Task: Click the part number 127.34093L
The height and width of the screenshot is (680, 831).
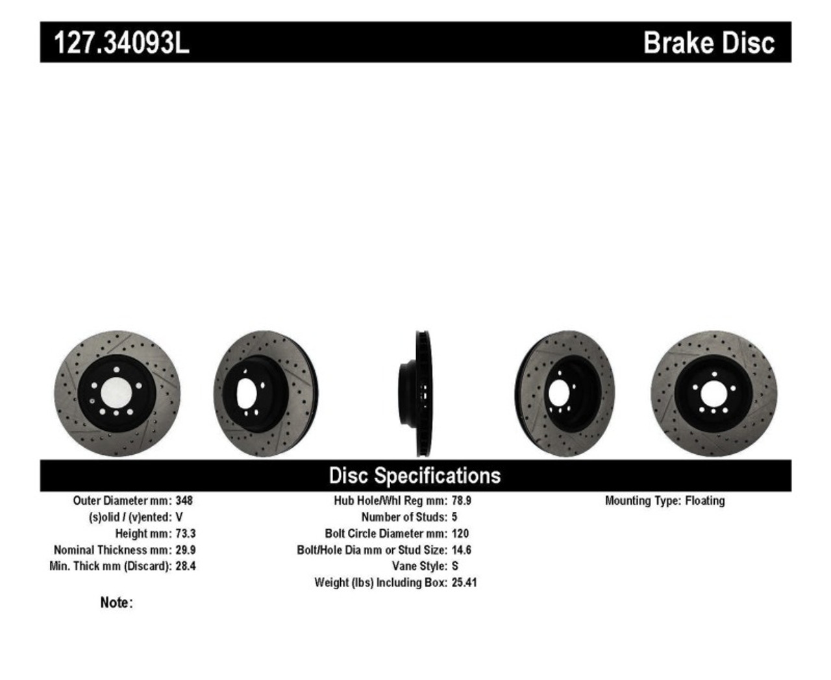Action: (121, 43)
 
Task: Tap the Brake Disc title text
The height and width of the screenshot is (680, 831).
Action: (708, 43)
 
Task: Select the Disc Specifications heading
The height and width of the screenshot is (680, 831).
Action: (415, 476)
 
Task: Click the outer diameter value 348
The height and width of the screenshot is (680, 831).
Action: (184, 501)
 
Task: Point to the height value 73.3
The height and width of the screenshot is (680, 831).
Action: (185, 533)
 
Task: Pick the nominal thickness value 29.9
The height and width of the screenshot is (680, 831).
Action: (185, 550)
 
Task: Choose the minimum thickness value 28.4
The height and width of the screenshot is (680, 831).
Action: (185, 566)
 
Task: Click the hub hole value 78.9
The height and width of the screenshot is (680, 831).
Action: (461, 501)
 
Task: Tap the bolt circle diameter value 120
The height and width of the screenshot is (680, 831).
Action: (460, 533)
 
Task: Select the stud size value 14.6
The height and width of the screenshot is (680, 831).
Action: (461, 550)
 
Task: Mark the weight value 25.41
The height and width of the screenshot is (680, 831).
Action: (464, 583)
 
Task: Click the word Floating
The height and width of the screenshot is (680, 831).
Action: (704, 501)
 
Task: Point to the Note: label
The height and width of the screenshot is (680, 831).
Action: (116, 603)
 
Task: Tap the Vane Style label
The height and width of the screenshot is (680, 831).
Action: (419, 566)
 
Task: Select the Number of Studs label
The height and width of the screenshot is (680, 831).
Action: (404, 517)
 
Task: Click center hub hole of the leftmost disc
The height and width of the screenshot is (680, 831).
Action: (117, 393)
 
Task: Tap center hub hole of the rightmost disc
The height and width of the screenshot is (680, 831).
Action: (713, 393)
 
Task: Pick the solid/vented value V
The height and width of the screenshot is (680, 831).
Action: (179, 517)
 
